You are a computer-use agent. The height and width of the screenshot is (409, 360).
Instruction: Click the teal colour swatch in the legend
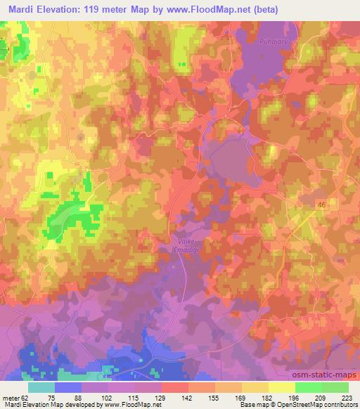[41, 387]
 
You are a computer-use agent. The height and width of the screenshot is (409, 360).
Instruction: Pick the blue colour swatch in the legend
[68, 387]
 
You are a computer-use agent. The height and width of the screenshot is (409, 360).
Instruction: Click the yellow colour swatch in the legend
[281, 387]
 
